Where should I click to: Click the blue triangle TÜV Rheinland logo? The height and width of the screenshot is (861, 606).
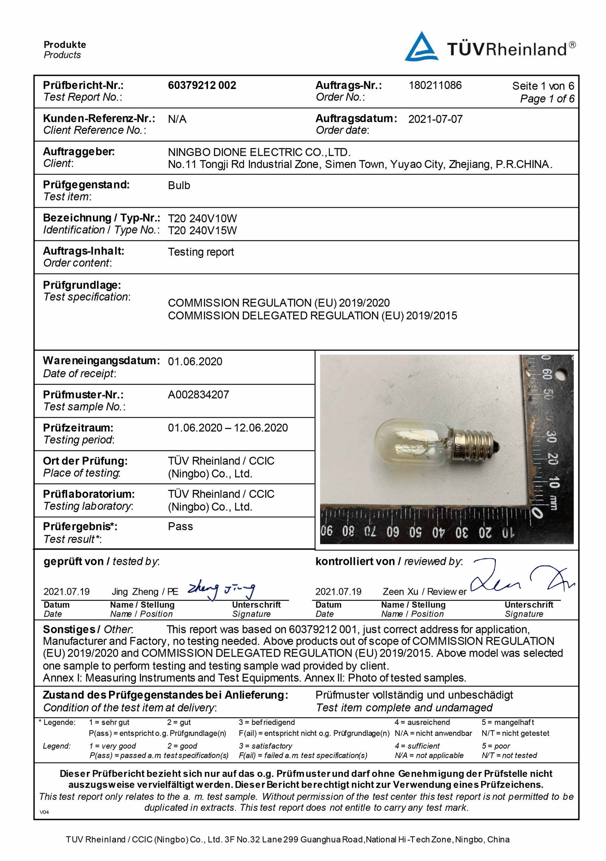pos(422,47)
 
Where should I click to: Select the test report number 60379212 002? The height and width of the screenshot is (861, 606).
pos(202,85)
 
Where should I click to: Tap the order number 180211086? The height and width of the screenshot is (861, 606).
pos(435,85)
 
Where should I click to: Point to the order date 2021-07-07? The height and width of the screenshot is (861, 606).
pos(435,120)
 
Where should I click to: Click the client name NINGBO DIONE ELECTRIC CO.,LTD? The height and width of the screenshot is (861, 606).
pos(259,152)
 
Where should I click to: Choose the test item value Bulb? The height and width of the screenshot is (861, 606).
pos(179,186)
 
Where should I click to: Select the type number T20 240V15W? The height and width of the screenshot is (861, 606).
pos(202,230)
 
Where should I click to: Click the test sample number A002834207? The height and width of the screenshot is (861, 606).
pos(198,395)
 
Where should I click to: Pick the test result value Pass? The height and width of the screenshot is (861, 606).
pos(180,527)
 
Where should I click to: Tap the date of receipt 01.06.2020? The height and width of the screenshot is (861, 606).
pos(195,362)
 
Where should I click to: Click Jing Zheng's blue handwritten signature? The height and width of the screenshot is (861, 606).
pos(221,591)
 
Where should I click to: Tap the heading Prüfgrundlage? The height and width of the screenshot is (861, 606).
pos(82,285)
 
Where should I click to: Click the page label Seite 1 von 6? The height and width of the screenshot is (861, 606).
pos(543,86)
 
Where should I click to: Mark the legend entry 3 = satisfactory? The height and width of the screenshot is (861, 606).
pos(265,746)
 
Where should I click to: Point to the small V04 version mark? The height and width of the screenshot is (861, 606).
pos(44,812)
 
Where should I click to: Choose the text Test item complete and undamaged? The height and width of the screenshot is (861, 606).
pos(404,708)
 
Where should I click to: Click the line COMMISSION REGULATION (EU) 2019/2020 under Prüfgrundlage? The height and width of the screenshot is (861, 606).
pos(279,303)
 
